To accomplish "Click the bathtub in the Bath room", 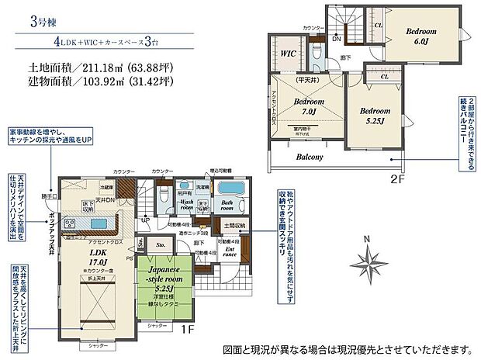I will coord(228,190).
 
